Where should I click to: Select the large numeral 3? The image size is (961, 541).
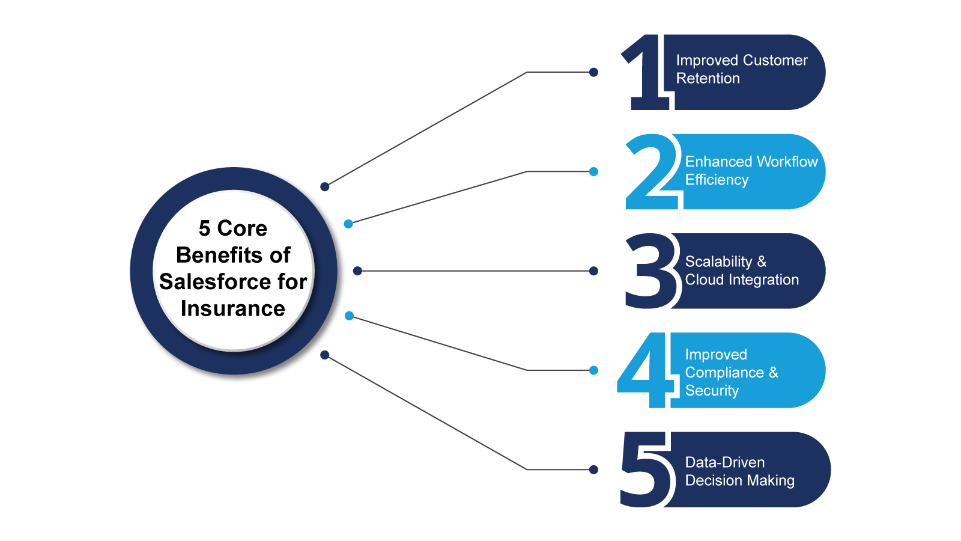point(650,272)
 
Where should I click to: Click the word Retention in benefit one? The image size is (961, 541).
point(708,79)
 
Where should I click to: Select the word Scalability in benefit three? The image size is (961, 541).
point(718,261)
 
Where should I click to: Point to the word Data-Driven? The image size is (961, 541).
point(724,462)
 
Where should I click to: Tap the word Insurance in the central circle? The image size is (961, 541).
point(233,308)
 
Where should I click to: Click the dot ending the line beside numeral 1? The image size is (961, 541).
point(593,72)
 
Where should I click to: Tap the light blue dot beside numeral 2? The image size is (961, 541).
point(593,171)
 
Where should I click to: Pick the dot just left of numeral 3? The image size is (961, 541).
point(593,271)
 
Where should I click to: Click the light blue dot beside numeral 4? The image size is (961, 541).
point(593,370)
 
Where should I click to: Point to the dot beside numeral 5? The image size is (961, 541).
point(593,469)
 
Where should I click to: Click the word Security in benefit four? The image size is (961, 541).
point(712,391)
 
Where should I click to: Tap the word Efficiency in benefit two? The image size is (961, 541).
point(717,180)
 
